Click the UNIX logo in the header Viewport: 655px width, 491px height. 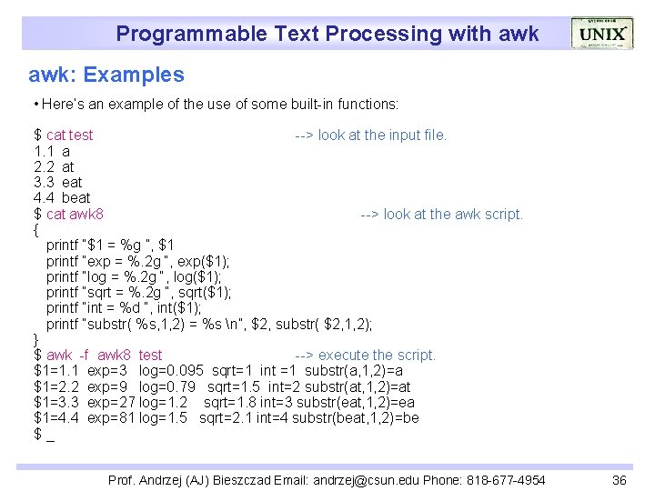point(601,35)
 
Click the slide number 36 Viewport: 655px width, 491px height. point(620,480)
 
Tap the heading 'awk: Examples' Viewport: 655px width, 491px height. point(106,75)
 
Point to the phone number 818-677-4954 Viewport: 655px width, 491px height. point(507,480)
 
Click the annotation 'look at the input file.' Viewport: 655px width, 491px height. point(382,135)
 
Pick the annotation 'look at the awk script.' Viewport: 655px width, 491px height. point(453,215)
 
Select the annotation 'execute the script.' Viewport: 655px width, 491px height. point(377,356)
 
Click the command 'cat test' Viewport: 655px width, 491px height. point(69,135)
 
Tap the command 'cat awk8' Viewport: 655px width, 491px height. point(75,215)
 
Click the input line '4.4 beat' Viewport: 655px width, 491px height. point(62,198)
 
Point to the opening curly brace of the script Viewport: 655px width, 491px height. point(36,230)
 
